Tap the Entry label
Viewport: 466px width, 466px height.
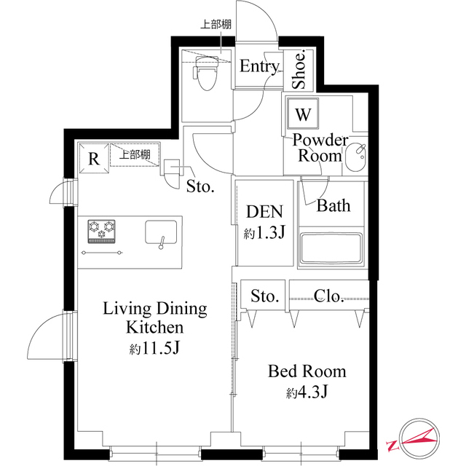pos(259,67)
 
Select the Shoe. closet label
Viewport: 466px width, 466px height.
pos(299,70)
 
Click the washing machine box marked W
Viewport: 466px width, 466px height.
pos(304,114)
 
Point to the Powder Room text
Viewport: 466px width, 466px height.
pos(320,148)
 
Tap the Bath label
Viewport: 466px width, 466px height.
pos(333,206)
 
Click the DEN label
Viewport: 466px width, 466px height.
pos(264,212)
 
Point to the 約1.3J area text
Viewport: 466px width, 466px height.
pos(263,234)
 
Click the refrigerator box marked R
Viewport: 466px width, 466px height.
pos(93,158)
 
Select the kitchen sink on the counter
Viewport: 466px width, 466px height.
pos(161,233)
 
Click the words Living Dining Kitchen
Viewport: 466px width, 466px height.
pos(154,317)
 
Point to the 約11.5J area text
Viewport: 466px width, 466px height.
pos(154,348)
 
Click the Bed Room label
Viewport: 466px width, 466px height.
pos(307,371)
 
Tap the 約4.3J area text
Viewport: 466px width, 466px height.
pos(307,392)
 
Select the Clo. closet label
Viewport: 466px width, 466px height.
pos(328,296)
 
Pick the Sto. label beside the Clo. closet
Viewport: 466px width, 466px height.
pos(265,296)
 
